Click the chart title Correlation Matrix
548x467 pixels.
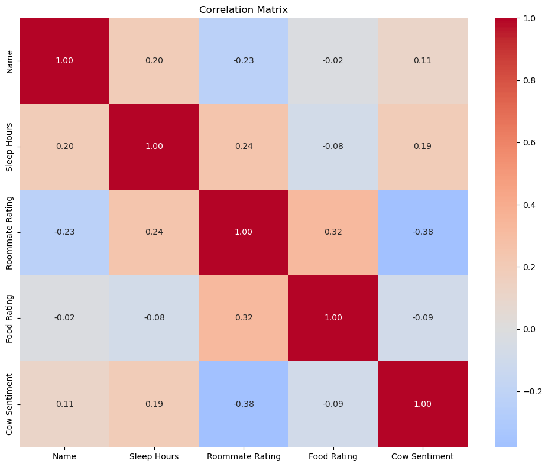point(244,9)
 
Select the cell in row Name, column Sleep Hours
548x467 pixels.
point(154,61)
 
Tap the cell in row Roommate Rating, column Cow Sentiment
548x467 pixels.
point(423,232)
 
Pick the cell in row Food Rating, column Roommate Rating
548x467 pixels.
point(244,318)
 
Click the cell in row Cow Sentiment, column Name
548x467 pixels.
point(65,404)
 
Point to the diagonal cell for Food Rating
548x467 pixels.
point(333,318)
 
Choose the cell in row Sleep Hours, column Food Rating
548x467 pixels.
point(333,147)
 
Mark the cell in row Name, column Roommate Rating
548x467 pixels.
point(244,61)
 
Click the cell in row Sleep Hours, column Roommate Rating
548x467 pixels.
point(244,147)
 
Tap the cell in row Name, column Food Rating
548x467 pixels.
point(333,61)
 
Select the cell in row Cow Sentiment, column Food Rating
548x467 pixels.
point(333,404)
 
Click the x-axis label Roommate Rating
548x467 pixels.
point(244,456)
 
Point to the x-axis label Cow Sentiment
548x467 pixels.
point(423,456)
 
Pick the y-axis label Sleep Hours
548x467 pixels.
point(10,147)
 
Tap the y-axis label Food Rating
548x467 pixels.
point(10,318)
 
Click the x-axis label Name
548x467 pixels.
point(65,456)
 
